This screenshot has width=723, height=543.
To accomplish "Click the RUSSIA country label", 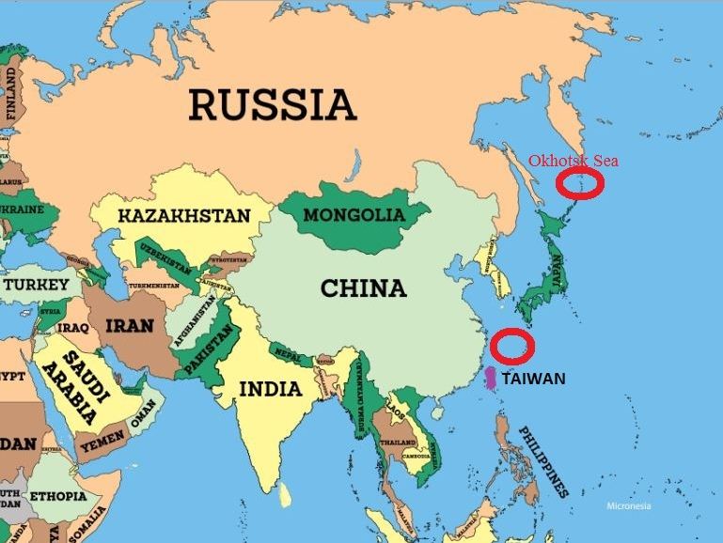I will pos(272,104).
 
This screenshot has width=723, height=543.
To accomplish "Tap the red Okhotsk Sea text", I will pos(573,160).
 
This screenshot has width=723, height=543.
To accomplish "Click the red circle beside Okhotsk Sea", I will pos(575,184).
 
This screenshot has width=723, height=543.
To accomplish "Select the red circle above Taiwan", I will pos(513,345).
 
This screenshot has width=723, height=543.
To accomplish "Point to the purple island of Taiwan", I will pos(490,379).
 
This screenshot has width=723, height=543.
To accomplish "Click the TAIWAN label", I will pos(533,380).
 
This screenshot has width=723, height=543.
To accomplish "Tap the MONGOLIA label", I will pos(353,214).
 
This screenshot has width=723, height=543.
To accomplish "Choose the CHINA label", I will pos(364,287).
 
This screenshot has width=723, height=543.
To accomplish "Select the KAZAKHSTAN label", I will pos(183,216).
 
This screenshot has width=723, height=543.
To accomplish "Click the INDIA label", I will pos(270,388).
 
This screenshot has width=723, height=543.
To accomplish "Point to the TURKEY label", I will pos(37,284).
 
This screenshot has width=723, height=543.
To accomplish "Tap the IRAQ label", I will pos(73,328).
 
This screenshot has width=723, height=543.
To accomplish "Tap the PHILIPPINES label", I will pos(543,459).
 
